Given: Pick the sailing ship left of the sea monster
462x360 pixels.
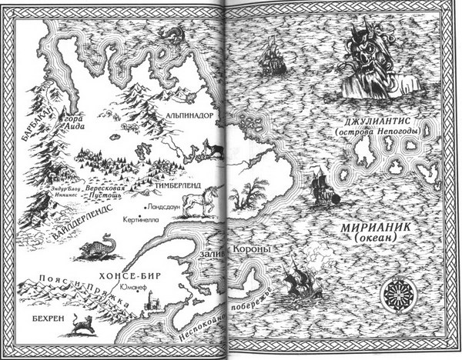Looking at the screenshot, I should click(273, 56).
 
